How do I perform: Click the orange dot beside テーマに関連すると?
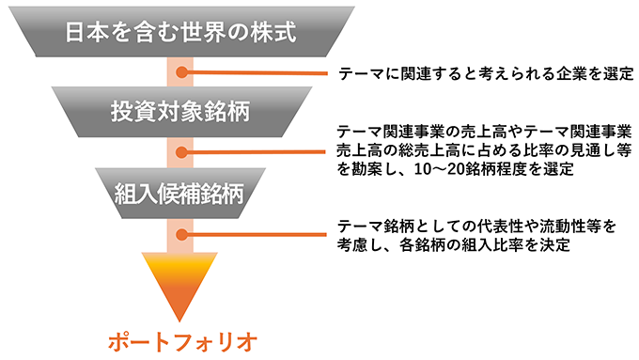185,72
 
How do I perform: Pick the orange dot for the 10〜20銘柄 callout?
185,151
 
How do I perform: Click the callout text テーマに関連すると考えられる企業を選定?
477,73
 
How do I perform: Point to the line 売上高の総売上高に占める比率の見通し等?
481,151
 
